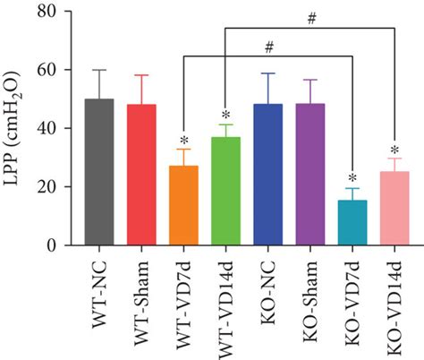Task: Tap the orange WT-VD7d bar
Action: pyautogui.click(x=183, y=205)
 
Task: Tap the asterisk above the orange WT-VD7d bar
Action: pyautogui.click(x=183, y=141)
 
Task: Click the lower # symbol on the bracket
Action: pyautogui.click(x=268, y=46)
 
